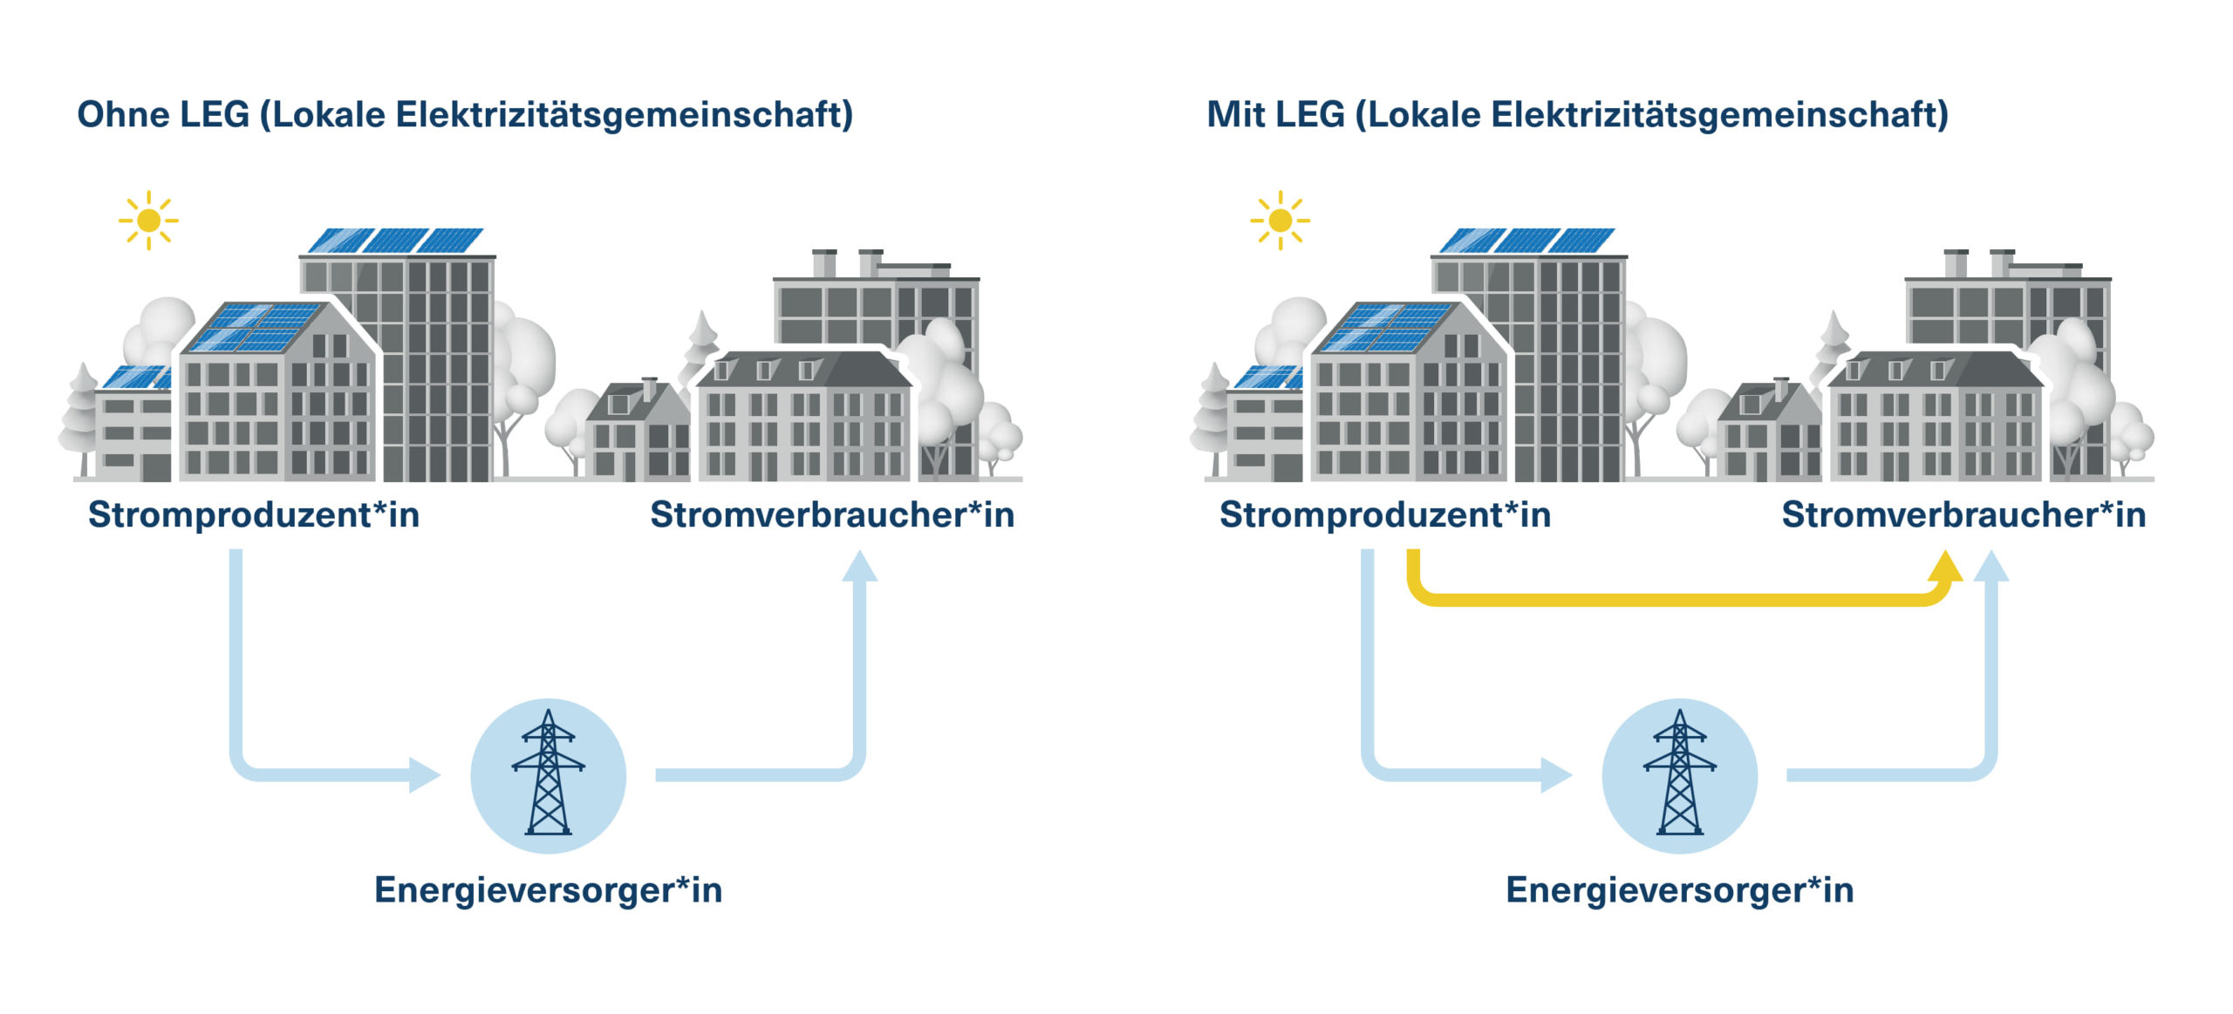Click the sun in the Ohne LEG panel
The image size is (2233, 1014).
coord(148,221)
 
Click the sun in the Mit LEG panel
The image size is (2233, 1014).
coord(1280,221)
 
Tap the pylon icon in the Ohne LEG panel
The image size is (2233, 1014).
coord(548,774)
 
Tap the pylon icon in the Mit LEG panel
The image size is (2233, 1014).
coord(1679,774)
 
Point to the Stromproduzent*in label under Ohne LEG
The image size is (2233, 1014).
coord(254,515)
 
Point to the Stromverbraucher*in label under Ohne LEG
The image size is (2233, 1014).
coord(832,515)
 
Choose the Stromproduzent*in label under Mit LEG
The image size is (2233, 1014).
coord(1385,515)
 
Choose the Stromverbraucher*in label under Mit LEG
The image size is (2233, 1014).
coord(1963,515)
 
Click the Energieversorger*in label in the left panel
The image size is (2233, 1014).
coord(548,890)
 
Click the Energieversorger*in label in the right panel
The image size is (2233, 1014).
coord(1679,890)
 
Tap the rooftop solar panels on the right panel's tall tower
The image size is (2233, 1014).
coord(1526,241)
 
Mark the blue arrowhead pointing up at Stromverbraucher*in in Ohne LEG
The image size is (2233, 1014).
coord(860,567)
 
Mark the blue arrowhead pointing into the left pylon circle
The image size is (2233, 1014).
coord(424,774)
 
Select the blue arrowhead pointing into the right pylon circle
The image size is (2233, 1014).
coord(1555,774)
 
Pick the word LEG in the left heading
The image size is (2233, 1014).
coord(214,115)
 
